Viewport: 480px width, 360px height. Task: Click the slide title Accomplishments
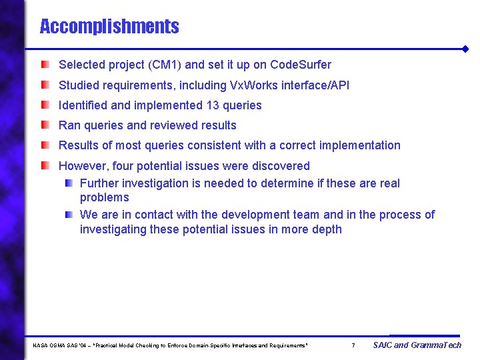(x=109, y=27)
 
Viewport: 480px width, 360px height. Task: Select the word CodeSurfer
(x=301, y=65)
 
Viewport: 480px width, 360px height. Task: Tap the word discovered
(x=283, y=165)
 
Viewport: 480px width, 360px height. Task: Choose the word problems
(x=104, y=197)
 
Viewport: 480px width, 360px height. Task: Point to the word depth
(x=327, y=229)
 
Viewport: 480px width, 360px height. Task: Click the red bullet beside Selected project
(x=45, y=65)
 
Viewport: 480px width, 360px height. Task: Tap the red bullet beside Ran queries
(x=45, y=125)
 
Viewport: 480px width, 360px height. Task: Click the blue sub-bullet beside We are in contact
(x=69, y=215)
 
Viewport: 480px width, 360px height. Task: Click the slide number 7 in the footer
(x=353, y=345)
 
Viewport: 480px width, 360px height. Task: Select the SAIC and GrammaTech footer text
(x=417, y=345)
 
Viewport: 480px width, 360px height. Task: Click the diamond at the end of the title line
(x=465, y=49)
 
